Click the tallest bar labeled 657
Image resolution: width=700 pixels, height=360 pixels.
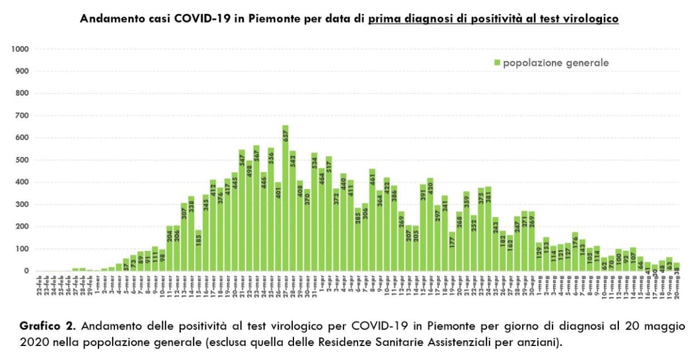(285, 198)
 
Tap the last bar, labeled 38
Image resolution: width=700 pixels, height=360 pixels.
(677, 267)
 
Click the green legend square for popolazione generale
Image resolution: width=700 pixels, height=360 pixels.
(497, 62)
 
